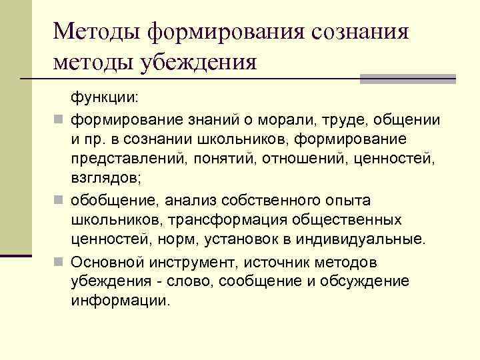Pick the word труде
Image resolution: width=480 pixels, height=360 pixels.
[x=339, y=120]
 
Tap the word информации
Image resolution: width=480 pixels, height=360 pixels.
[x=120, y=300]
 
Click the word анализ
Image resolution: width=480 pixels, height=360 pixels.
[x=171, y=200]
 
